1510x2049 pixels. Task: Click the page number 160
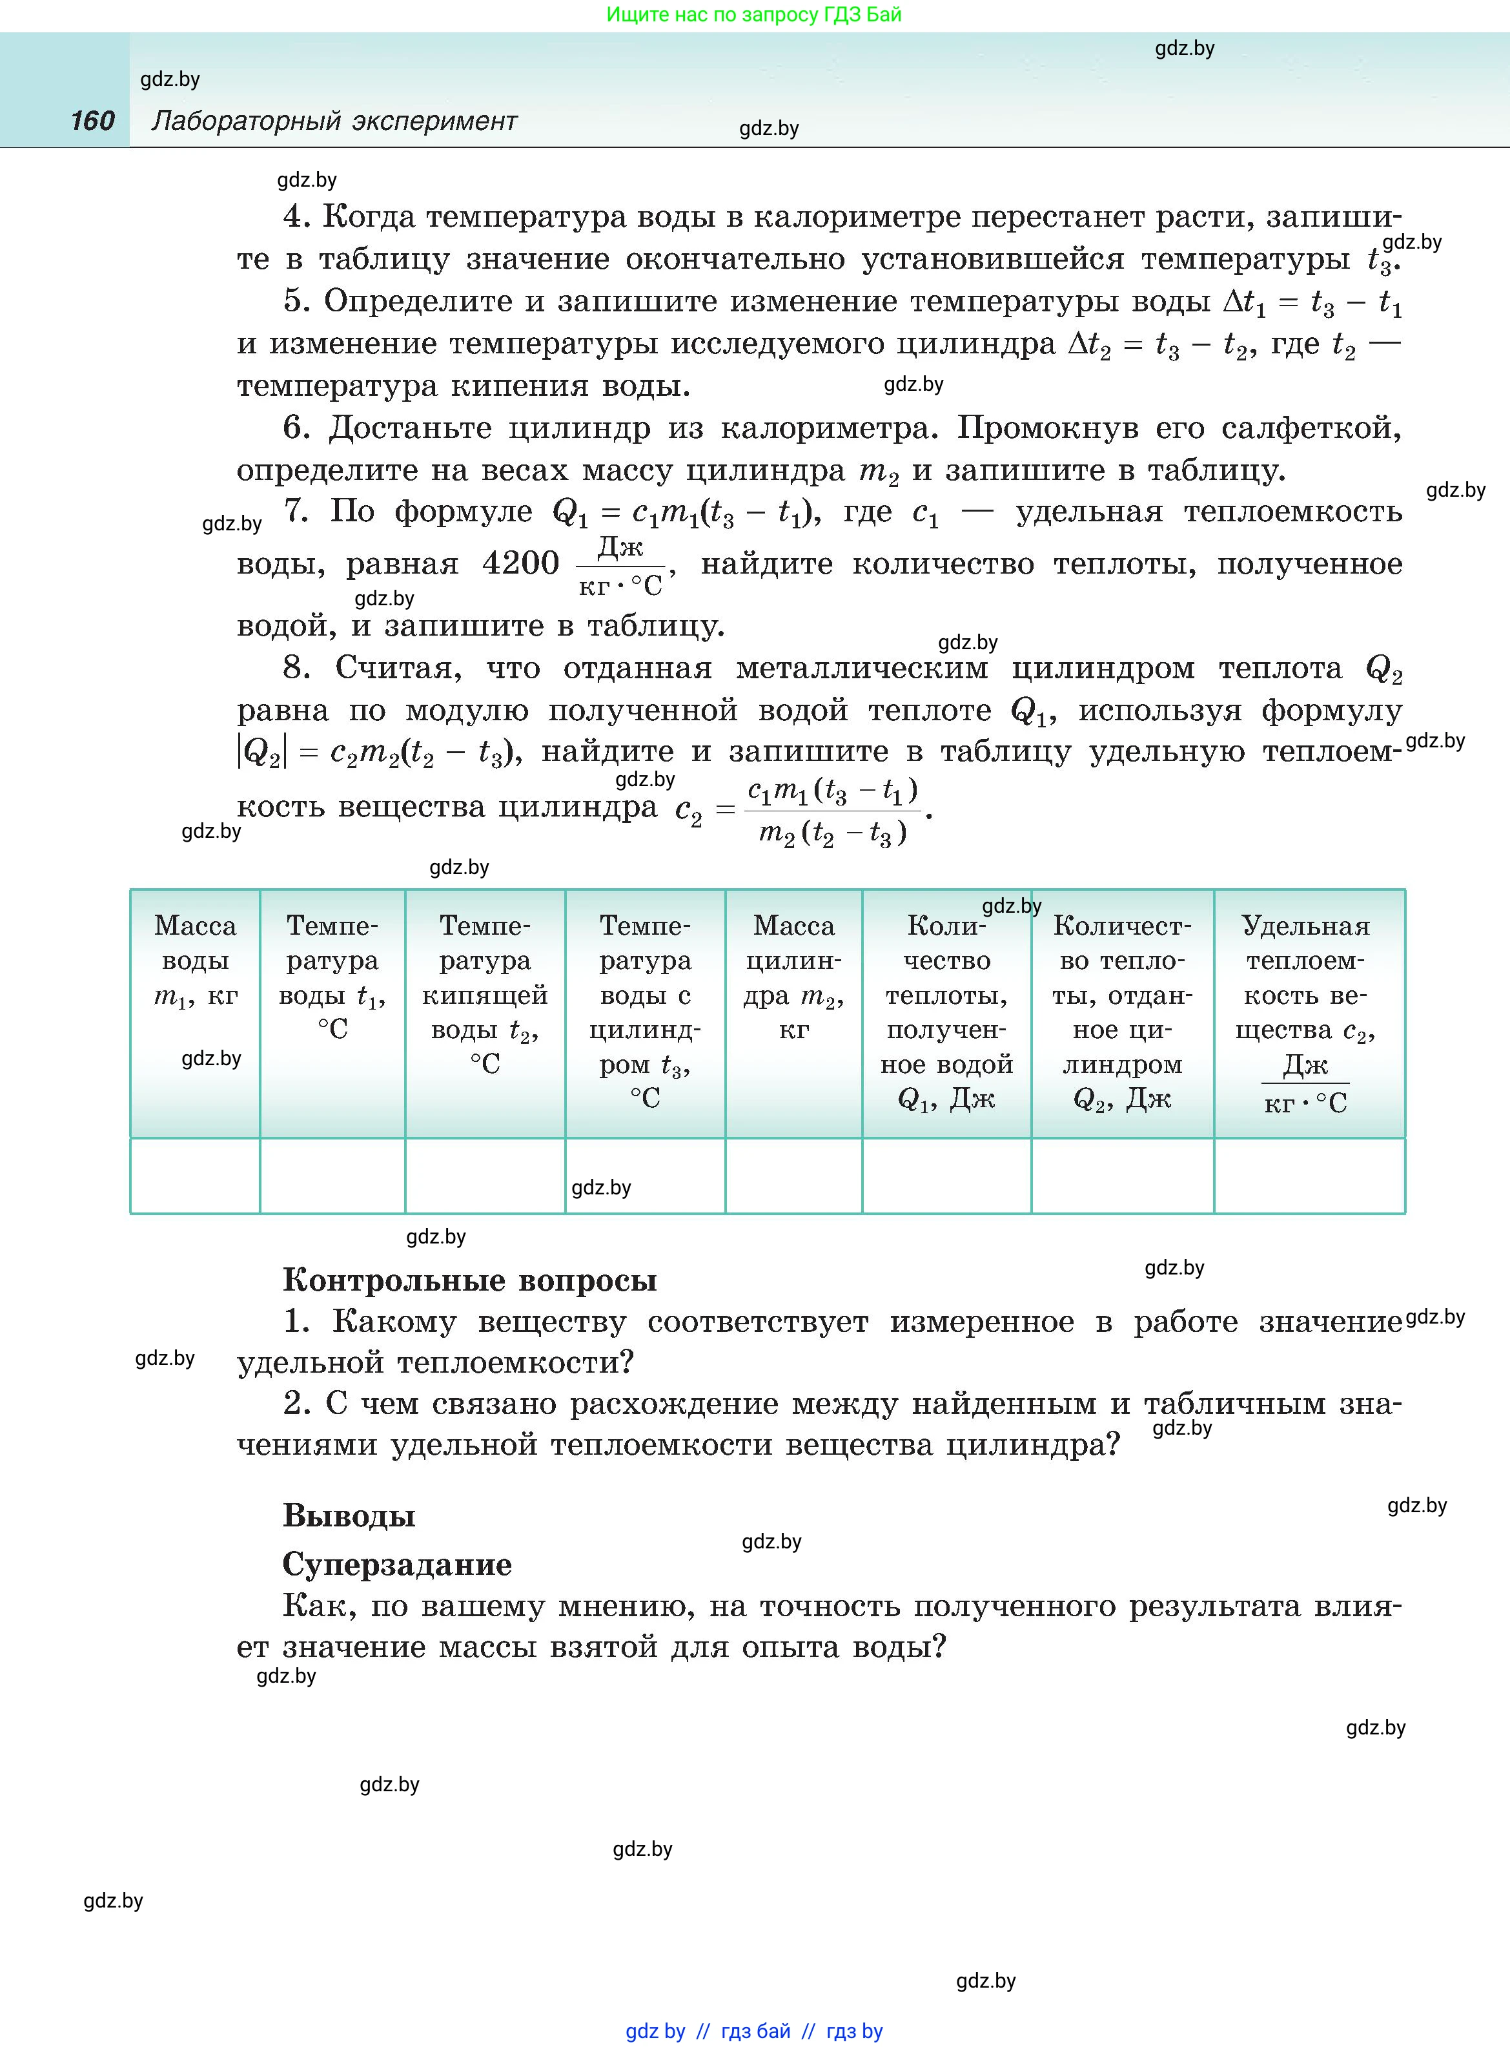92,121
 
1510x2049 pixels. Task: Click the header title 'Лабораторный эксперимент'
334,121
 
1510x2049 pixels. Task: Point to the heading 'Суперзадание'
396,1565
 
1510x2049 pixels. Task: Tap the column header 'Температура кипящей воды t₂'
484,994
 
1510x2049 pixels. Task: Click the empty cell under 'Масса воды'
195,1176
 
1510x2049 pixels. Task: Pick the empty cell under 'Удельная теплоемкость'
1309,1176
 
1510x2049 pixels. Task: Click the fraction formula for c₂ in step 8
832,811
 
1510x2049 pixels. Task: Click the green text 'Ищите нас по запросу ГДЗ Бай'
753,15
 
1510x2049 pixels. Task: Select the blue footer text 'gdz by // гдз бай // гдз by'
753,2031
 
